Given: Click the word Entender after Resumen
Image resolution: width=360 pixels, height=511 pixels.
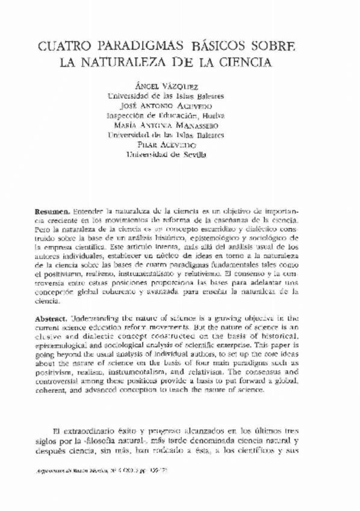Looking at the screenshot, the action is [88, 213].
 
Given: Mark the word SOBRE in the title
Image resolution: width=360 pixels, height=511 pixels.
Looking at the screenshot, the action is [281, 46].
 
